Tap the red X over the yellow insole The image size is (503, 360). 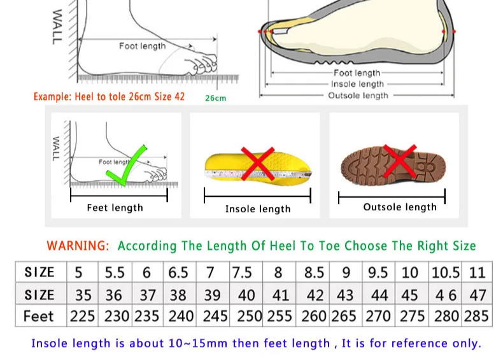257,164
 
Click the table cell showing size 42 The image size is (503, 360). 315,295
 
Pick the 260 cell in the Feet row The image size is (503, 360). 314,316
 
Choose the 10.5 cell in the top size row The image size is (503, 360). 445,273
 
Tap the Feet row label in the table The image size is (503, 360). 39,316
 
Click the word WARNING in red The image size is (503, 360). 78,246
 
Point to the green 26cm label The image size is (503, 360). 215,98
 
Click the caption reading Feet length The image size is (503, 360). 115,208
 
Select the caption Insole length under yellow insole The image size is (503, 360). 257,209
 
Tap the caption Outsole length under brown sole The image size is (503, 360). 400,207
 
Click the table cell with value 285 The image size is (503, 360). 477,316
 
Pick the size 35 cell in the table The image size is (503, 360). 83,295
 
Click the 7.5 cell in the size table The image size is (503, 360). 242,273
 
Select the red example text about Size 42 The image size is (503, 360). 109,97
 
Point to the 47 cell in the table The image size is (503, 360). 478,295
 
